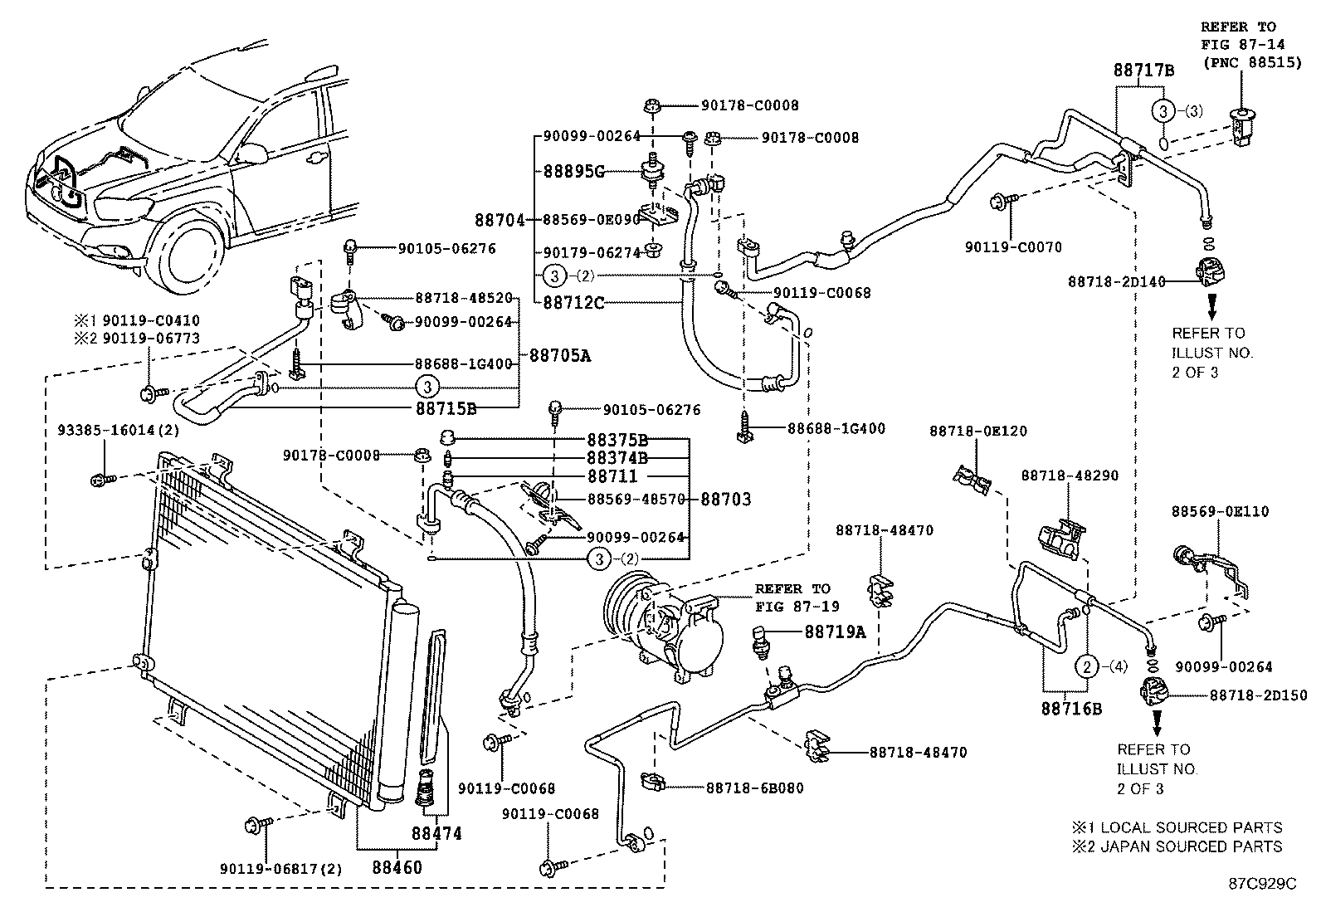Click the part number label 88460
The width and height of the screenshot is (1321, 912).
pyautogui.click(x=397, y=868)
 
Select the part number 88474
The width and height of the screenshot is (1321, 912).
pyautogui.click(x=436, y=832)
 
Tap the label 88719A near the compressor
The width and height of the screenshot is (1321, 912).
pyautogui.click(x=834, y=632)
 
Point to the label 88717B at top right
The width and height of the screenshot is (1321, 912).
pyautogui.click(x=1143, y=71)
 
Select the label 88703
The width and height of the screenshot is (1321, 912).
pyautogui.click(x=726, y=499)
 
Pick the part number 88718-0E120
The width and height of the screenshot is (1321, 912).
pyautogui.click(x=977, y=431)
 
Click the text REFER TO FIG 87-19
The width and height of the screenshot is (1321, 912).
pyautogui.click(x=792, y=597)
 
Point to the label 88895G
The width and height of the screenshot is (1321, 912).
pyautogui.click(x=573, y=172)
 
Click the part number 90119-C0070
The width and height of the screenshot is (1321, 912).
pyautogui.click(x=1012, y=247)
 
